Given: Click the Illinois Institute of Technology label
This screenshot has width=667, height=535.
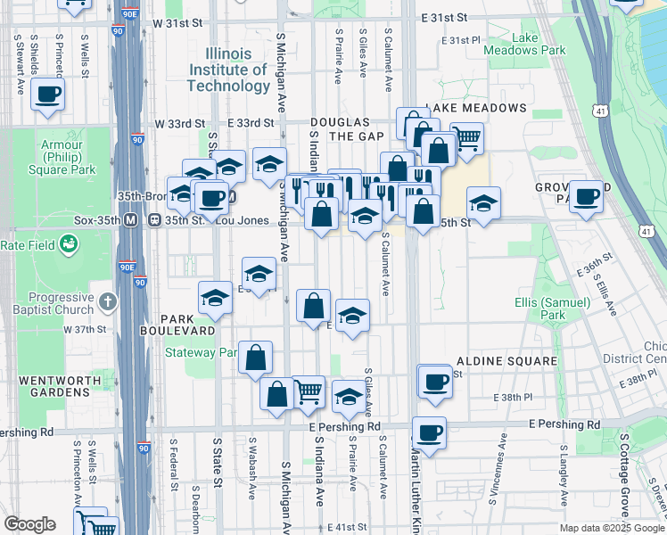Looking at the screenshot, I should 228,70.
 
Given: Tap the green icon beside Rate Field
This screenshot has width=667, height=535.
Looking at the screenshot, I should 68,244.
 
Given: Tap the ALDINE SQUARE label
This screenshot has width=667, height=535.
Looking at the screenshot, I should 506,361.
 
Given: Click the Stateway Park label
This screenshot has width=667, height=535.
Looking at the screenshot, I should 202,352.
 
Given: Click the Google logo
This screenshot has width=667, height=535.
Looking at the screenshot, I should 29,523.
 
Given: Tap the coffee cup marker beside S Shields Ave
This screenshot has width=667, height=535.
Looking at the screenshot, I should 47,94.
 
